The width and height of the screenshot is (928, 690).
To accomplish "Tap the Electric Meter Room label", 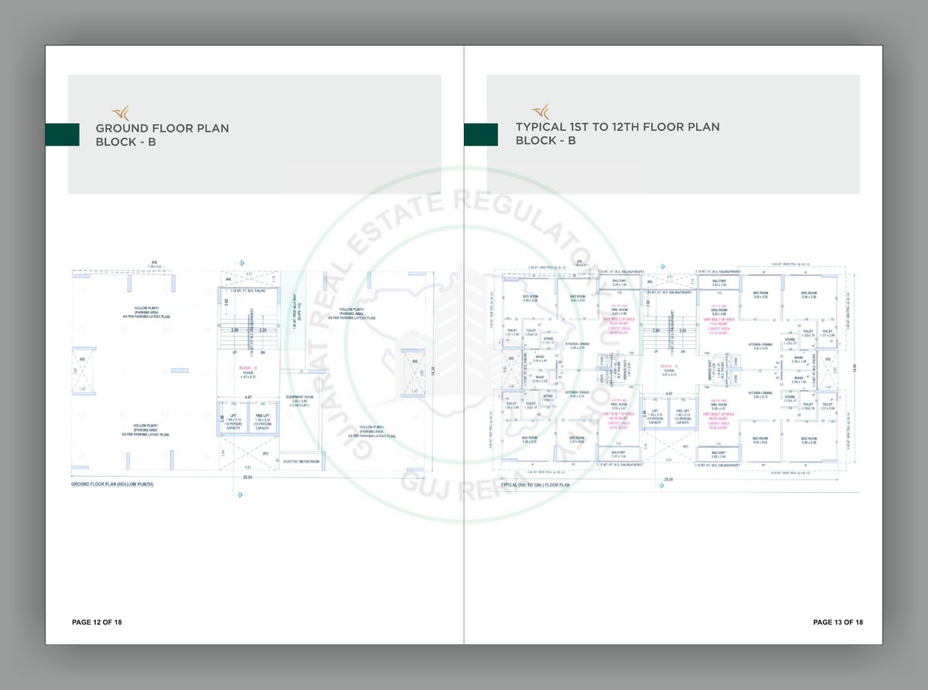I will tap(301, 462).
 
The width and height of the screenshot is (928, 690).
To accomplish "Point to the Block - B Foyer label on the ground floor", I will tap(247, 374).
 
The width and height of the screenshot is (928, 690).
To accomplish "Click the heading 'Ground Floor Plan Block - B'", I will tap(162, 135).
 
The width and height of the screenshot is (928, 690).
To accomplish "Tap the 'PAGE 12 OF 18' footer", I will tap(97, 622).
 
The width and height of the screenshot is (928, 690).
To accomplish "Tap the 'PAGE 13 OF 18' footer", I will tap(838, 622).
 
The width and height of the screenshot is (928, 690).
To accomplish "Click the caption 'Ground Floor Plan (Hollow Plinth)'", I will tap(112, 484).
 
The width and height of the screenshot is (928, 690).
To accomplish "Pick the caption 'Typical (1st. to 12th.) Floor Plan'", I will tap(535, 485).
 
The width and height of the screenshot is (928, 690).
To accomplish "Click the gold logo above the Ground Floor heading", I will tap(121, 111).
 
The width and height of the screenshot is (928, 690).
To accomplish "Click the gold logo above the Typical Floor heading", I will tap(540, 111).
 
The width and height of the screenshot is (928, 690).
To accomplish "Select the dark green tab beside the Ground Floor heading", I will tap(62, 135).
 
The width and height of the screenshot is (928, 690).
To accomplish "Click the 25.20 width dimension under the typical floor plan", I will tap(667, 480).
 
